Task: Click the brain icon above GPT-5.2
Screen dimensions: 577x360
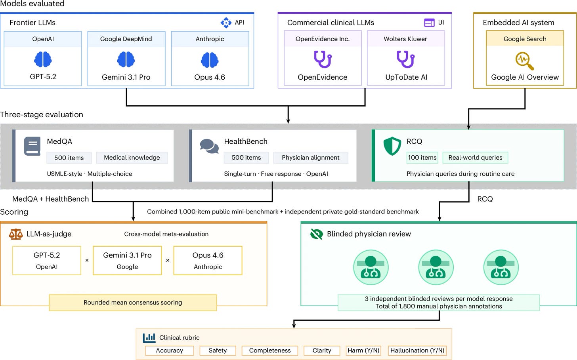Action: point(43,59)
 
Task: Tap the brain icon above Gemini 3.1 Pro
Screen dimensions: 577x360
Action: point(126,59)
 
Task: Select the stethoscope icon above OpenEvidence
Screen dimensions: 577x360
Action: point(323,59)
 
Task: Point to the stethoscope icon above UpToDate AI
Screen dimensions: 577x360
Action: point(405,59)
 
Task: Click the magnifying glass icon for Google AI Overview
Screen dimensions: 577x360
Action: point(524,61)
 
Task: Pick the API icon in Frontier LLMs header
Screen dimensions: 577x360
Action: point(226,23)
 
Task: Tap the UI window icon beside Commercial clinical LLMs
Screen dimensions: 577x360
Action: point(429,23)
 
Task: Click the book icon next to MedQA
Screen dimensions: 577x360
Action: point(32,146)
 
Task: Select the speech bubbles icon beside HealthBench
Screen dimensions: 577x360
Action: point(209,146)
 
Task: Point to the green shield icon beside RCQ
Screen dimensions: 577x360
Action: point(392,146)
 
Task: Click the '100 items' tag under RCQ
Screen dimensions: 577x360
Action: point(422,158)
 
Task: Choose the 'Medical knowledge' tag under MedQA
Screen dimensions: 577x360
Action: point(132,158)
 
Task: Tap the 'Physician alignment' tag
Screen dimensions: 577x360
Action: point(311,158)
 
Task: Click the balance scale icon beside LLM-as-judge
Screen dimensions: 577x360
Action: point(16,234)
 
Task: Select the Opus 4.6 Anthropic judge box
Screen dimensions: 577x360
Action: point(208,261)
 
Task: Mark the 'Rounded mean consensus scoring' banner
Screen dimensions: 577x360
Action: point(133,303)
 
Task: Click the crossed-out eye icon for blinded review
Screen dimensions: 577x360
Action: point(316,234)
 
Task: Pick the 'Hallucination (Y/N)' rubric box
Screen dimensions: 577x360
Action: point(417,350)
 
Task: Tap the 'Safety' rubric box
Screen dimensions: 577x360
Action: point(218,350)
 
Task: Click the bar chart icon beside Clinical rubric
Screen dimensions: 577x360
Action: point(149,338)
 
